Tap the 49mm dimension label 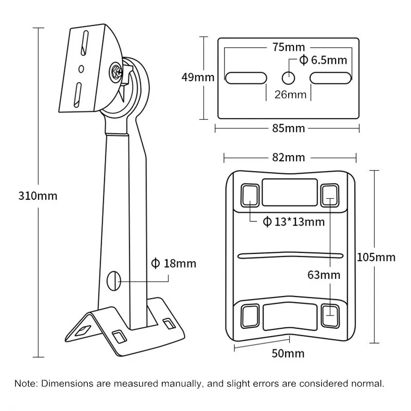[x=198, y=78]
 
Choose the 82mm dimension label [x=289, y=157]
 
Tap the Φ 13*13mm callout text [x=293, y=222]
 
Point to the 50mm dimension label [x=288, y=353]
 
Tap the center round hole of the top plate [x=289, y=78]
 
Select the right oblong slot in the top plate [x=331, y=78]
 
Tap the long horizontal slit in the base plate [x=290, y=255]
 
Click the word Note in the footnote [x=24, y=383]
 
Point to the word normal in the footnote [x=368, y=383]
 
